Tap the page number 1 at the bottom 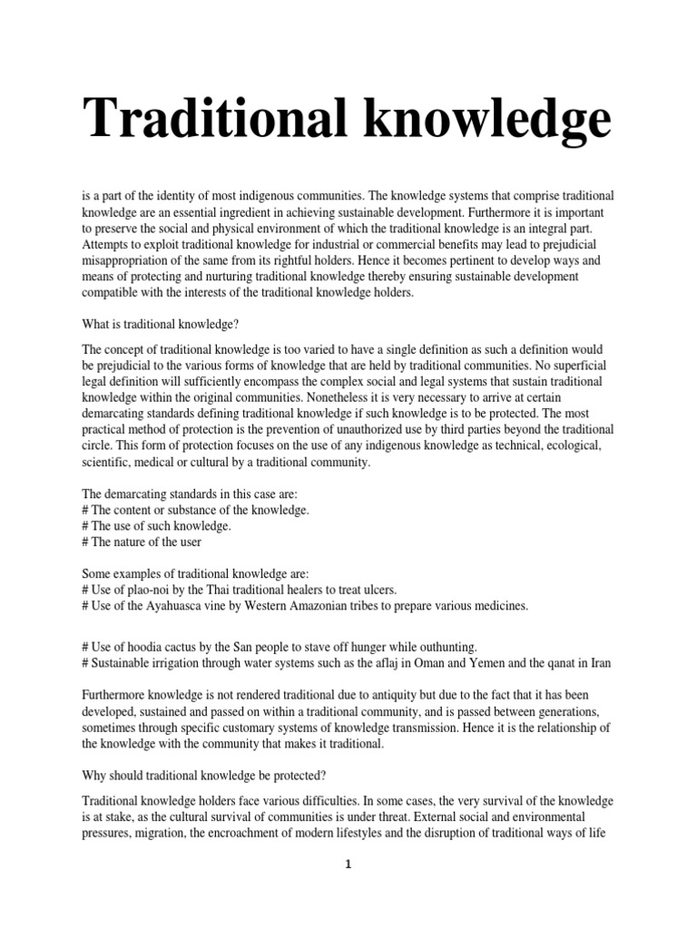tap(348, 865)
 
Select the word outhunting tap(446, 646)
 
